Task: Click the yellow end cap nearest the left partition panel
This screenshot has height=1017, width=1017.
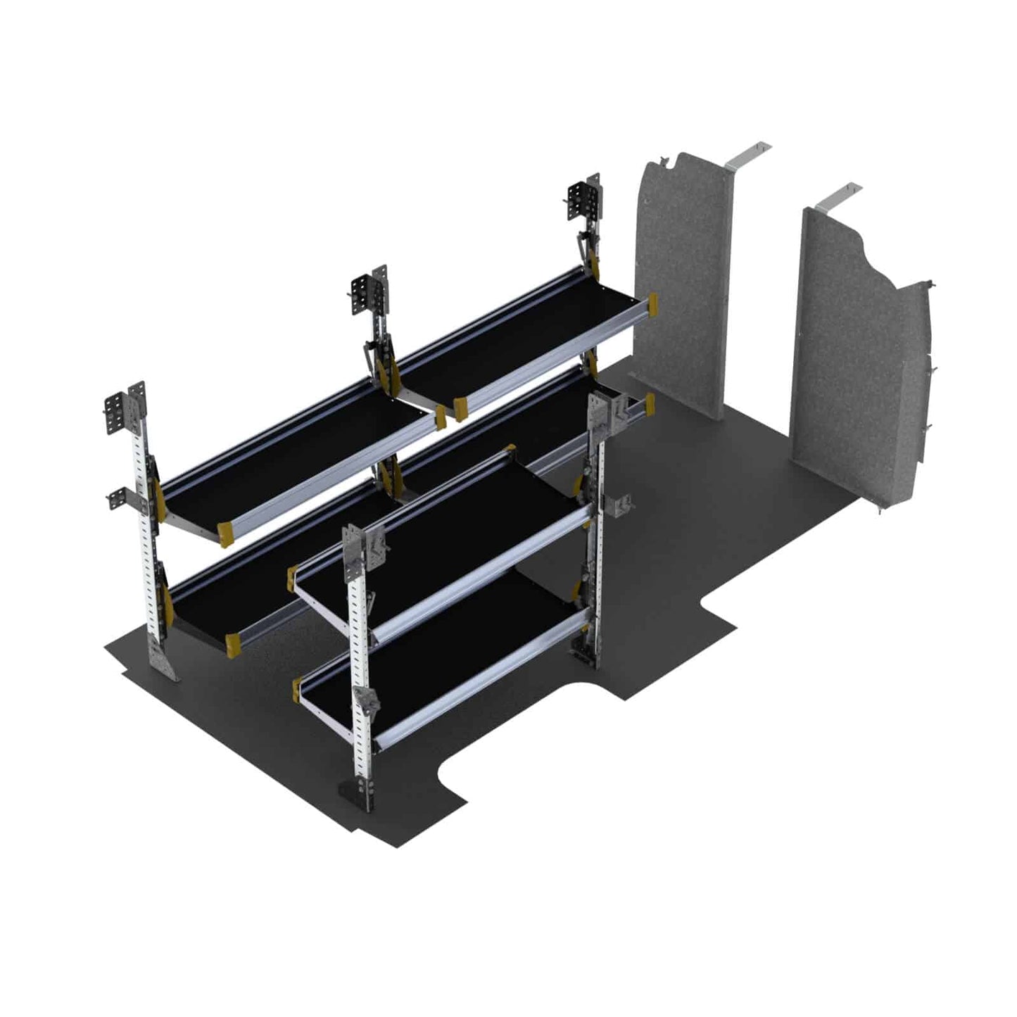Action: tap(654, 304)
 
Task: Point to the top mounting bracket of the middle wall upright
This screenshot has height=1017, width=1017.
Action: tap(369, 291)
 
